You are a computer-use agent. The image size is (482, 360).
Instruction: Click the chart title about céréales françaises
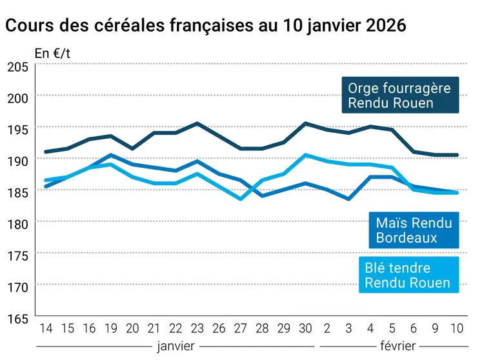(206, 26)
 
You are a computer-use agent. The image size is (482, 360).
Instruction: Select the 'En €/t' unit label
(52, 54)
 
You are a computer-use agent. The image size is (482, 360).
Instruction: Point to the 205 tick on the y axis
(17, 66)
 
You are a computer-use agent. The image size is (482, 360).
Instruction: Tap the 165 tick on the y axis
(17, 318)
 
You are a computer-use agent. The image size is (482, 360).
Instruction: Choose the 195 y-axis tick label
(17, 129)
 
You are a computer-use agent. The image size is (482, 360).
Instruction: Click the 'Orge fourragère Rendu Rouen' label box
(399, 95)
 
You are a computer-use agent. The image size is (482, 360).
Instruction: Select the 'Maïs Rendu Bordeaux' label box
(414, 230)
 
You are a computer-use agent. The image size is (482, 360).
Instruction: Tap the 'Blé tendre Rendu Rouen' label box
(407, 275)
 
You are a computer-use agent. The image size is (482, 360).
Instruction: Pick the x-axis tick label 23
(197, 328)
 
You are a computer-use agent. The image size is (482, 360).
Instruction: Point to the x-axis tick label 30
(306, 328)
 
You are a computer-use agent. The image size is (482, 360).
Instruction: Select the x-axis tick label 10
(457, 328)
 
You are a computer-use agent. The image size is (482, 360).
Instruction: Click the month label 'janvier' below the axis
(176, 346)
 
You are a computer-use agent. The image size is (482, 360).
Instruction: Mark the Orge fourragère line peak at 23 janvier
(197, 123)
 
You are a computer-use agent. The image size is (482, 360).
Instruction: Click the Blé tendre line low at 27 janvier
(241, 199)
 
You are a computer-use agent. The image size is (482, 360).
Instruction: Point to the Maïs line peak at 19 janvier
(110, 155)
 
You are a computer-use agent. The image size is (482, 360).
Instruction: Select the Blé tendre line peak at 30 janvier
(306, 155)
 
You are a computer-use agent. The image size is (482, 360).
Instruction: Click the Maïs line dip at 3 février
(349, 199)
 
